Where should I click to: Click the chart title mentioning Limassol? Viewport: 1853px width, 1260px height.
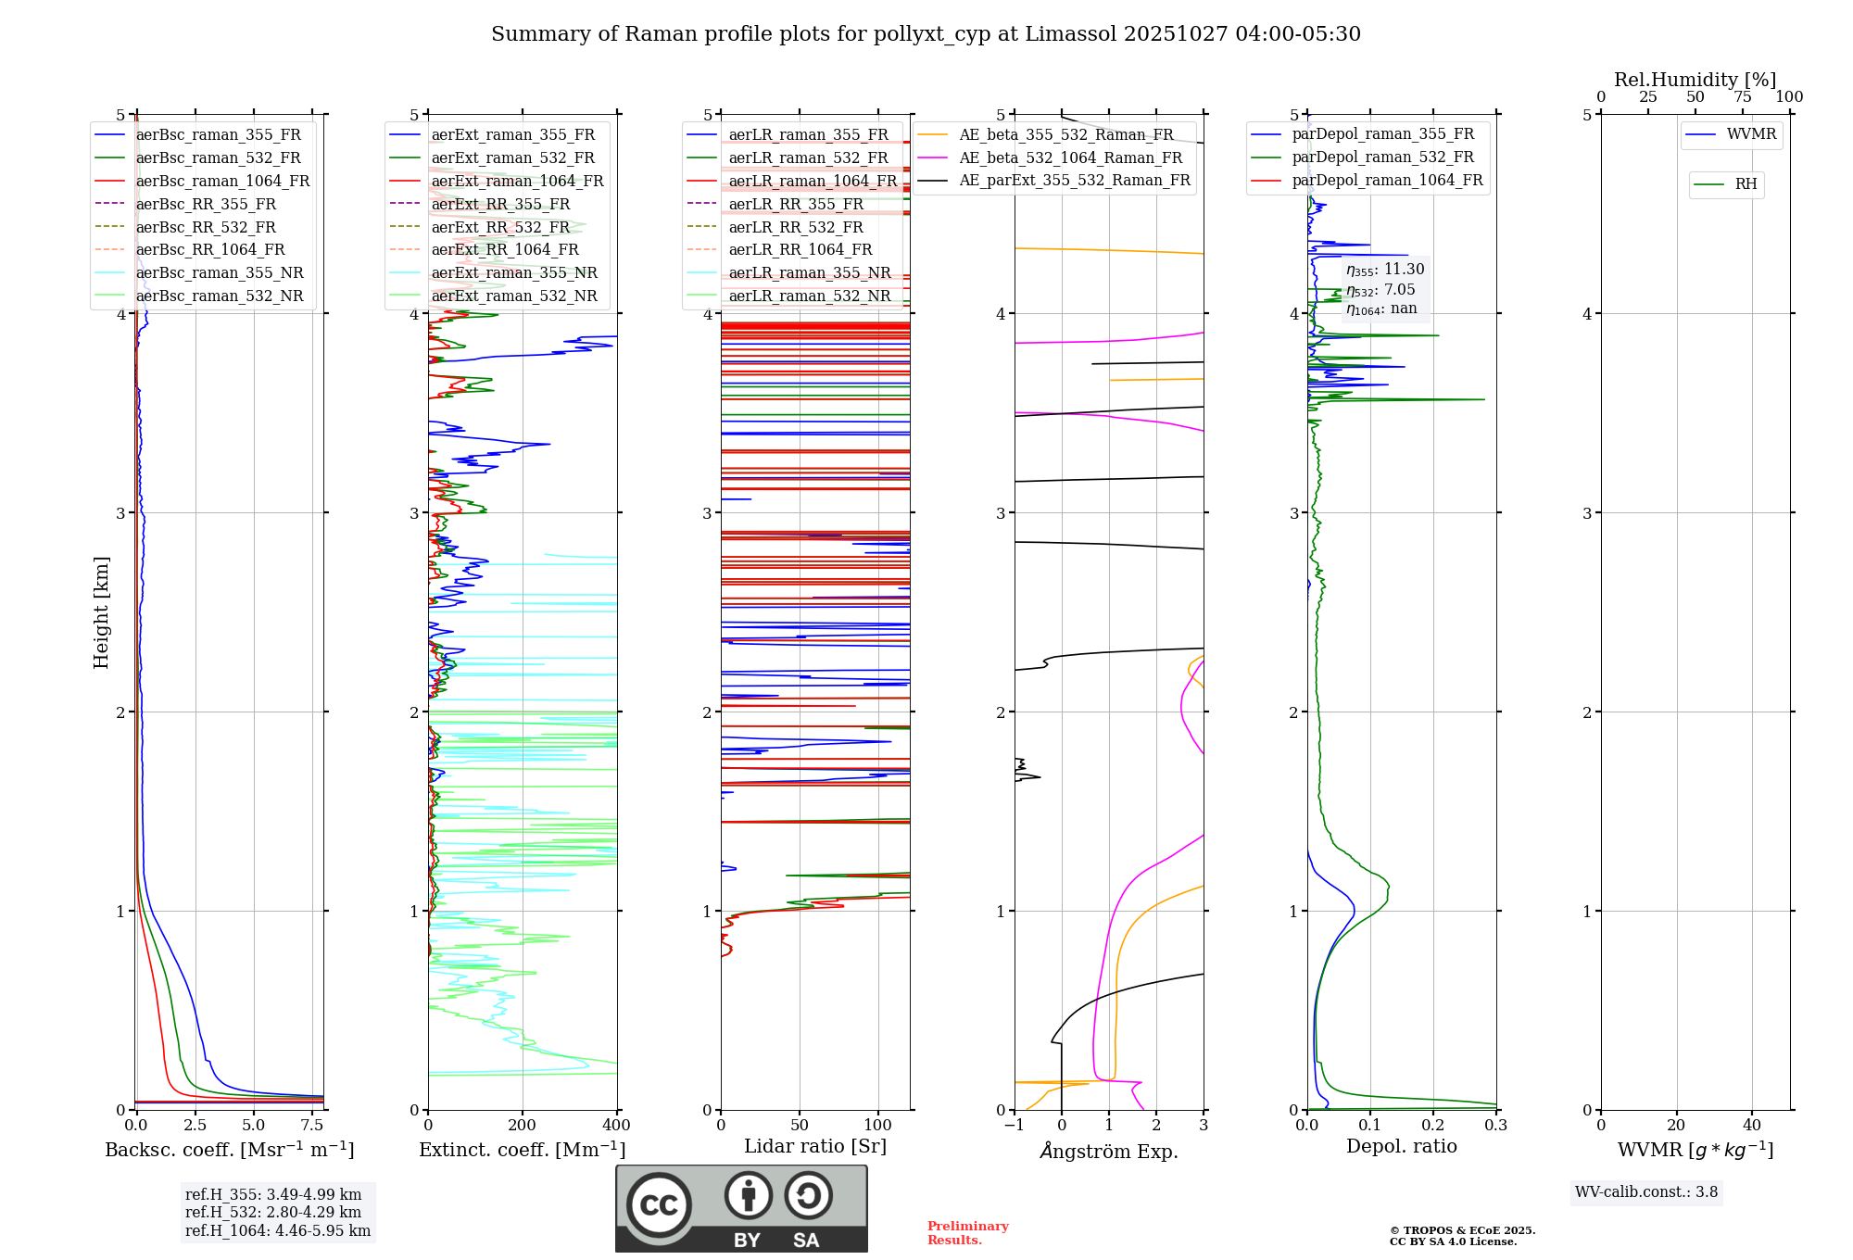pos(926,34)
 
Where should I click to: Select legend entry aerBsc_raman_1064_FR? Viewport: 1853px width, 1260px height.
pos(222,181)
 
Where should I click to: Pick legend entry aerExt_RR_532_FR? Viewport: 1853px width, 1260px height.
pos(500,227)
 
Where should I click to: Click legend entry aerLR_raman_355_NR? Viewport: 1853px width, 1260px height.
pos(809,272)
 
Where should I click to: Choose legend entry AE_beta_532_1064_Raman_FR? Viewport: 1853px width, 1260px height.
pos(1070,157)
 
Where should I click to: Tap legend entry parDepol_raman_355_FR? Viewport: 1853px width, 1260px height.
pos(1382,134)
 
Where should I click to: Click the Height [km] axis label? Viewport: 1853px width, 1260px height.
pos(101,612)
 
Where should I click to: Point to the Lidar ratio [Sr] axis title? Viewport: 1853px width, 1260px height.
pos(815,1146)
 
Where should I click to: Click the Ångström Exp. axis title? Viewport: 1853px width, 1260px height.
pos(1109,1151)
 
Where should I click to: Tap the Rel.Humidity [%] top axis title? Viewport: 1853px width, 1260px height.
pos(1695,80)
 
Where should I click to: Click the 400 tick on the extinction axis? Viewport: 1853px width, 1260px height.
pos(616,1126)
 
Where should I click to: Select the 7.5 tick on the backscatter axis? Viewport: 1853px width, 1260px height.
pos(312,1126)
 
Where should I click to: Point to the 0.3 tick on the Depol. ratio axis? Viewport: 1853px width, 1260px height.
pos(1495,1126)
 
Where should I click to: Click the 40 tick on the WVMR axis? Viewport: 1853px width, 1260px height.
pos(1751,1126)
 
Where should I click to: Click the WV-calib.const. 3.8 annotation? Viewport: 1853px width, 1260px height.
pos(1646,1192)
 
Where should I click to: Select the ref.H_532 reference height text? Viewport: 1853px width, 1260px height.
pos(273,1212)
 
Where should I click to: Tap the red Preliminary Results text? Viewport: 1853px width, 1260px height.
pos(967,1233)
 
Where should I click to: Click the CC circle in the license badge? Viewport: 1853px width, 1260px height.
pos(659,1205)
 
